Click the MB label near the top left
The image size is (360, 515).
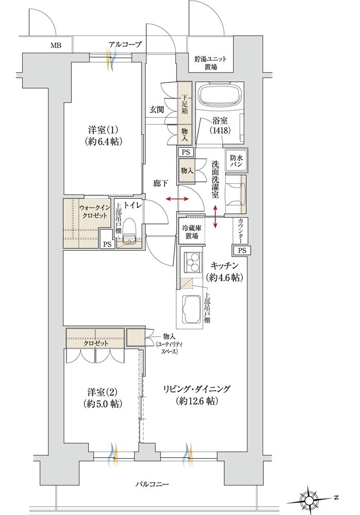(56, 46)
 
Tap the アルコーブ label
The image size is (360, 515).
(125, 44)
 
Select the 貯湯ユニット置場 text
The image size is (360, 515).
(211, 63)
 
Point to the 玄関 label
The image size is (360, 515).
(157, 109)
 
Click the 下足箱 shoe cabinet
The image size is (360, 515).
(184, 102)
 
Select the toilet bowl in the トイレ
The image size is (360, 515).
(129, 234)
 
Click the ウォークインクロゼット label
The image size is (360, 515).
(93, 212)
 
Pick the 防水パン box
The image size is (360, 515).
(236, 160)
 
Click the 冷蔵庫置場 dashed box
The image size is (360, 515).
(192, 231)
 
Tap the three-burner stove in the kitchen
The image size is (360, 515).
(191, 262)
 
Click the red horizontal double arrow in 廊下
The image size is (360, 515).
(177, 199)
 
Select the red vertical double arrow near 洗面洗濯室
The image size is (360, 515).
(215, 216)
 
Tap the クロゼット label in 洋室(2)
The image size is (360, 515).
(96, 344)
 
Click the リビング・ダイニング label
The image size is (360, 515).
(197, 394)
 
